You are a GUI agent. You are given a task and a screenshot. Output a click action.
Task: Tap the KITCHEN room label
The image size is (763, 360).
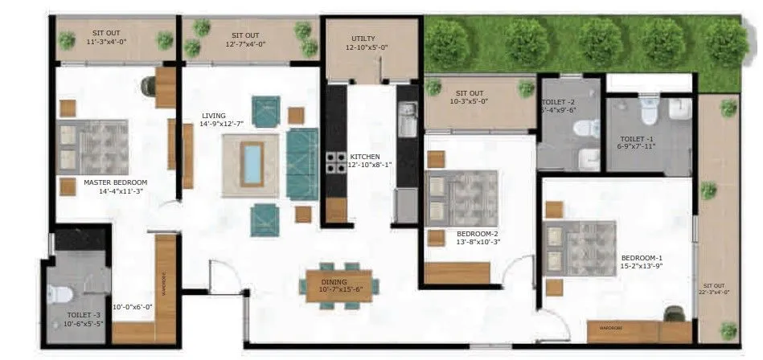(365, 157)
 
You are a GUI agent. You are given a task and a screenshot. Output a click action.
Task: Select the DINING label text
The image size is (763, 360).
(334, 282)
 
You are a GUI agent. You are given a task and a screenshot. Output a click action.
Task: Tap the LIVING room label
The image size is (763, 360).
(214, 115)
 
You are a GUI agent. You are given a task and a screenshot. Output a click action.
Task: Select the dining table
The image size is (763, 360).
(339, 284)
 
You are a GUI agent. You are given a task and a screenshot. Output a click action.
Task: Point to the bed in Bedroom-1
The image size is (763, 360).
(580, 248)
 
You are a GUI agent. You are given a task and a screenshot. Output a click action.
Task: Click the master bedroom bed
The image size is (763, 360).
(94, 147)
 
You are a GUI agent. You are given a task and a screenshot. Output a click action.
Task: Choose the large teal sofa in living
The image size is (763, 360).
(303, 163)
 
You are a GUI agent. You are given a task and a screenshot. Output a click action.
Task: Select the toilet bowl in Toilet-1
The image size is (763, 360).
(649, 108)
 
